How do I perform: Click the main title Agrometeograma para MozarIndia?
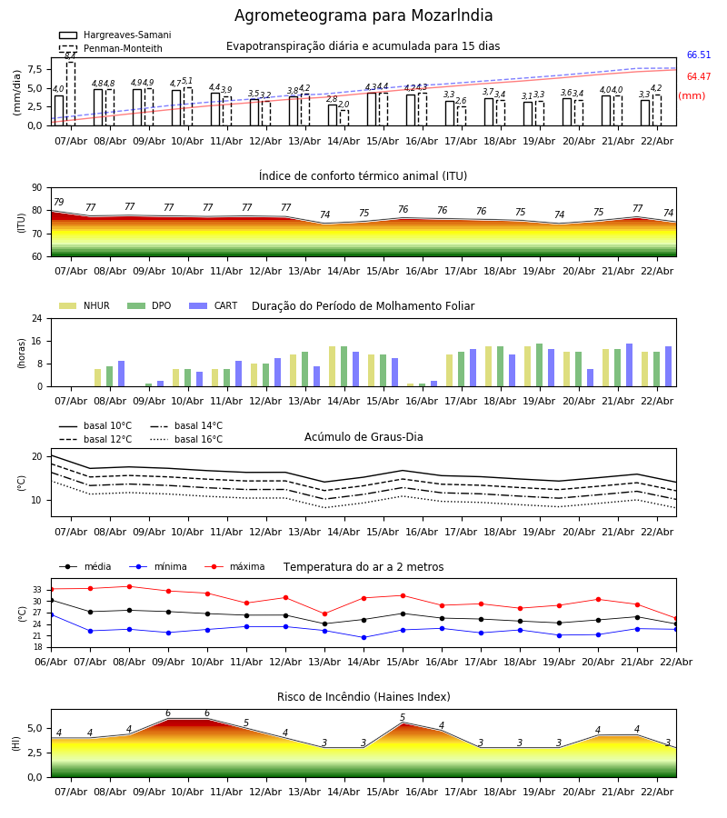pyautogui.click(x=363, y=16)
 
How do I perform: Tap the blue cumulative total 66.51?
pyautogui.click(x=698, y=55)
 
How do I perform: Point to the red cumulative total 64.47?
pyautogui.click(x=698, y=77)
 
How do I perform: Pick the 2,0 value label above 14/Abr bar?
pyautogui.click(x=344, y=105)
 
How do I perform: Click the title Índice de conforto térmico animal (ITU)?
pyautogui.click(x=363, y=176)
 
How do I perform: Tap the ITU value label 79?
pyautogui.click(x=58, y=203)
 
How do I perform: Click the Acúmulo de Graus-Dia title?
pyautogui.click(x=363, y=437)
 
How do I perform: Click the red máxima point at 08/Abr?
pyautogui.click(x=129, y=586)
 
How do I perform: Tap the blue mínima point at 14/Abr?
pyautogui.click(x=363, y=637)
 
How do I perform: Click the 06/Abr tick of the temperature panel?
pyautogui.click(x=51, y=661)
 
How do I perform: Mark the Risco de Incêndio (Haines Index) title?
pyautogui.click(x=363, y=697)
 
